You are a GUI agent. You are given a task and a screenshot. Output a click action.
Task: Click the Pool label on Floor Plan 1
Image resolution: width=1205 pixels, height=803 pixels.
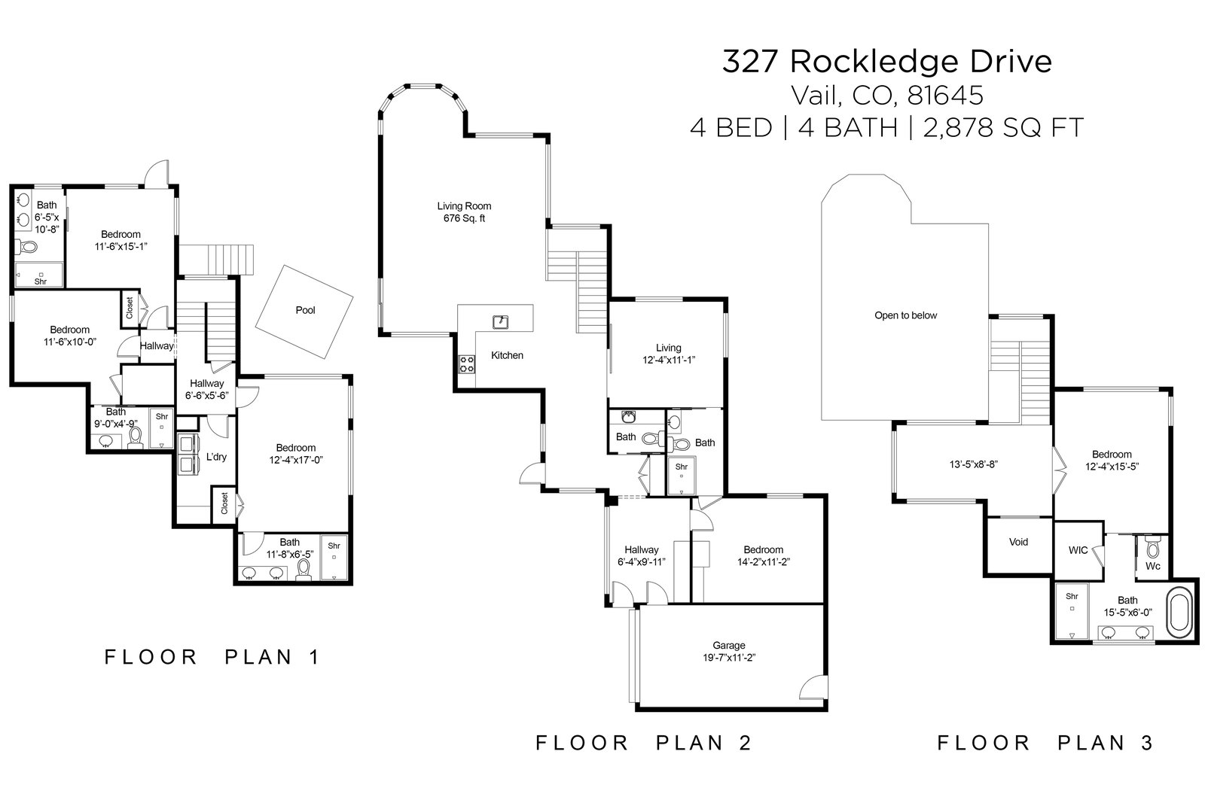pyautogui.click(x=305, y=310)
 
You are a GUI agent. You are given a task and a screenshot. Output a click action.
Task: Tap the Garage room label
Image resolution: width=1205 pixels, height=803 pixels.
pyautogui.click(x=728, y=645)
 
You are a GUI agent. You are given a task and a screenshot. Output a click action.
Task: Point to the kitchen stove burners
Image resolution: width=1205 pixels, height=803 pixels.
pyautogui.click(x=467, y=364)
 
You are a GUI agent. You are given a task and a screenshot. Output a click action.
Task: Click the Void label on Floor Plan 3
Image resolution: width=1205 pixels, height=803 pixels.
pyautogui.click(x=1018, y=542)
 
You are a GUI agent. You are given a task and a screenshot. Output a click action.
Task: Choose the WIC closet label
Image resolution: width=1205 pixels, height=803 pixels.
pyautogui.click(x=1078, y=550)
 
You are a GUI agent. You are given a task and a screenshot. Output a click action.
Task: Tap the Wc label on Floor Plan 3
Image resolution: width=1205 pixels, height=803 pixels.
pyautogui.click(x=1152, y=565)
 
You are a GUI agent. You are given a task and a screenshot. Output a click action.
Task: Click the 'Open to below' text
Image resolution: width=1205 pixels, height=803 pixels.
pyautogui.click(x=905, y=315)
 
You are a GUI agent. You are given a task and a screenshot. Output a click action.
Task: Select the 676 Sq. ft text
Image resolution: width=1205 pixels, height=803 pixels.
pyautogui.click(x=464, y=219)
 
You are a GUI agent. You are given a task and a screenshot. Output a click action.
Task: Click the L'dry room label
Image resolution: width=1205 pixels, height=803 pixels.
pyautogui.click(x=216, y=457)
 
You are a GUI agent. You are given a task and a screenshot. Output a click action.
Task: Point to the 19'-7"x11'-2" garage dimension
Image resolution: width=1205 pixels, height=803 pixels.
pyautogui.click(x=728, y=657)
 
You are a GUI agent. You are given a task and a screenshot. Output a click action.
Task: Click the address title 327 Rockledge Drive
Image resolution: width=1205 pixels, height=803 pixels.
pyautogui.click(x=886, y=62)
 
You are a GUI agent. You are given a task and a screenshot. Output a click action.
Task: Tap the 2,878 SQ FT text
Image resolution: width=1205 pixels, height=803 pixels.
pyautogui.click(x=1003, y=128)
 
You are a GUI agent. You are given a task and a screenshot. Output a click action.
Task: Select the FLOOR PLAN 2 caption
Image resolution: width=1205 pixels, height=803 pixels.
pyautogui.click(x=643, y=743)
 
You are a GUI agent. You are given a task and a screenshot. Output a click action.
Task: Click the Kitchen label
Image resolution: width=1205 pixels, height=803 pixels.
pyautogui.click(x=507, y=355)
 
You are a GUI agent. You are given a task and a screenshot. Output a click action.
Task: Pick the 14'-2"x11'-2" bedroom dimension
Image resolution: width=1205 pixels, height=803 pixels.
pyautogui.click(x=763, y=561)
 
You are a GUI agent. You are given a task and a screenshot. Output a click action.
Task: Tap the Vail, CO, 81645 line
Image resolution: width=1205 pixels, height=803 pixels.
pyautogui.click(x=886, y=95)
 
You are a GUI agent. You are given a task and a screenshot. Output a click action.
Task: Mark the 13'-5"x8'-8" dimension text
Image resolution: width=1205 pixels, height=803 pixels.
pyautogui.click(x=974, y=464)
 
